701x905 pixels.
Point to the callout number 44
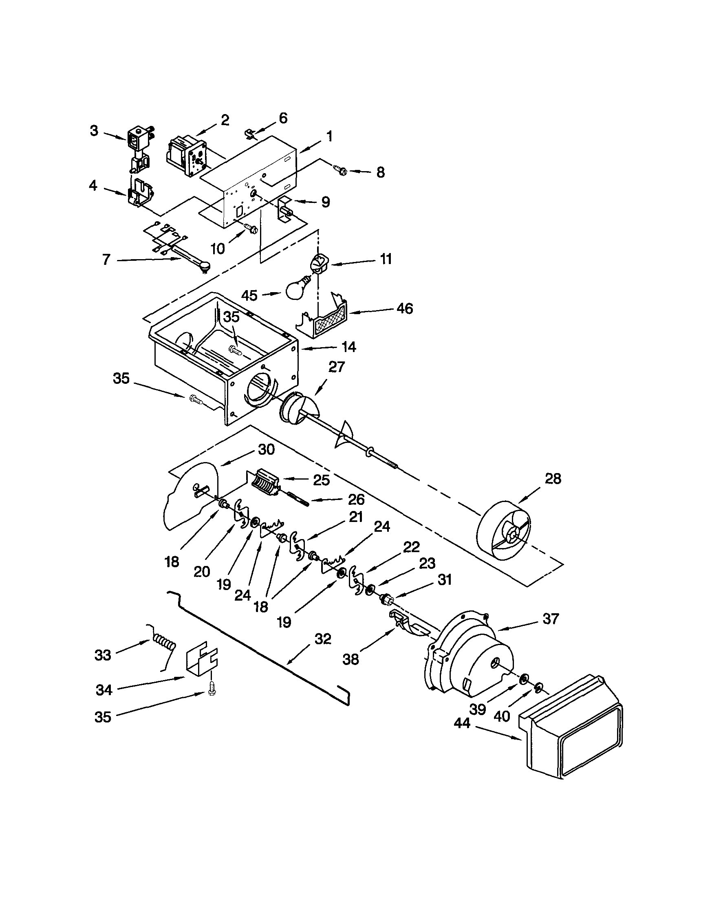(462, 724)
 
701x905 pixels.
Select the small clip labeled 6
(249, 133)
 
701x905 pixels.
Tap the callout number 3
(94, 131)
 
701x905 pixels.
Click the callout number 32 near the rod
(323, 639)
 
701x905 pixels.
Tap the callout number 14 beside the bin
(349, 347)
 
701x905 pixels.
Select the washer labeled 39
(524, 678)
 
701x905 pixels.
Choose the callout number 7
(106, 260)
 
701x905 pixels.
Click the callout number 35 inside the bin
(231, 317)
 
